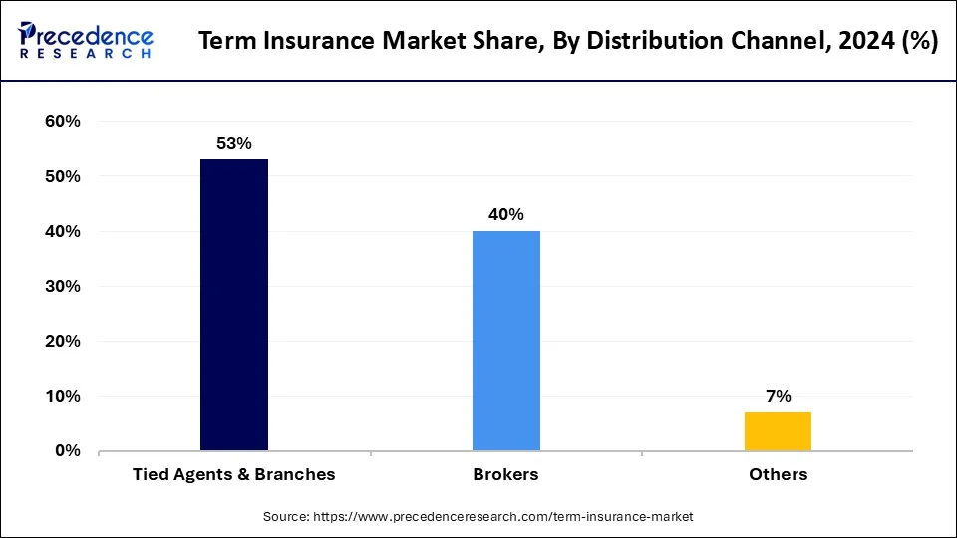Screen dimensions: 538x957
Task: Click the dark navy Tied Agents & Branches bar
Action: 234,304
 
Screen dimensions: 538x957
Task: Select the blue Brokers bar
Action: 506,341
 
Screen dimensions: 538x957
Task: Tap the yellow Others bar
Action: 778,430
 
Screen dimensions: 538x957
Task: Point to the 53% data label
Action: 234,144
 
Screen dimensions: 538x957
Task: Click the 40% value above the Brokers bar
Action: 506,215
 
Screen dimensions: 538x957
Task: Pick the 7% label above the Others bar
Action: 778,396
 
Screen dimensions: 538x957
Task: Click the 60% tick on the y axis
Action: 63,122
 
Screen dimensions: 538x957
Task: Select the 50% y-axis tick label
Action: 63,176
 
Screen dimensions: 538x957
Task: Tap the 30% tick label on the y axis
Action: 63,286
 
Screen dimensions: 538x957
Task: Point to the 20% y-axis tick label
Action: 63,341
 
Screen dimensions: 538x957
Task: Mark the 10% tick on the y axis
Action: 63,396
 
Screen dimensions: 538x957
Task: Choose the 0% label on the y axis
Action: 67,450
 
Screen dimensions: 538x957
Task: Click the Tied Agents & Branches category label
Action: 234,474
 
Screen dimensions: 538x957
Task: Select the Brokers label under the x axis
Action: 505,474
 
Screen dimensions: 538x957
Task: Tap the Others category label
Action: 778,474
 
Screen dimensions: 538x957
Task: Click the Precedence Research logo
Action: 86,41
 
